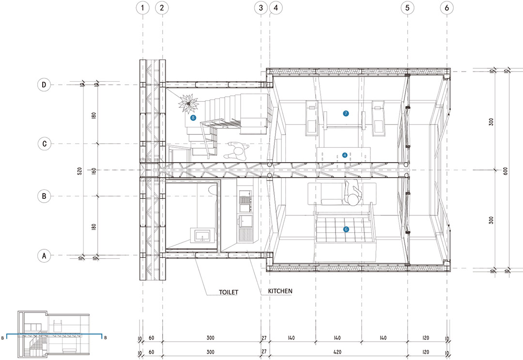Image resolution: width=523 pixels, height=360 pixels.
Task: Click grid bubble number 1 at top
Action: click(143, 8)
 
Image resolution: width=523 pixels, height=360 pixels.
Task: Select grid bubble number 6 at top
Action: click(447, 8)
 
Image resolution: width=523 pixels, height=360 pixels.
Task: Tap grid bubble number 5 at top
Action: click(407, 8)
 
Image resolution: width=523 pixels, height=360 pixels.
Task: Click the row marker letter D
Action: click(44, 85)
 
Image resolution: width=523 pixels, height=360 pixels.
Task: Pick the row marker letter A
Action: click(44, 255)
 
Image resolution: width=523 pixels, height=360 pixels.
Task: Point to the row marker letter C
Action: click(44, 144)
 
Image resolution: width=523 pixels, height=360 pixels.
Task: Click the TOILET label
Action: click(229, 292)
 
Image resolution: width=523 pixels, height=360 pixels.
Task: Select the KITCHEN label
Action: click(280, 291)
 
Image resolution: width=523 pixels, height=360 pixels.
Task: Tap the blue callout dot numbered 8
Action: click(193, 118)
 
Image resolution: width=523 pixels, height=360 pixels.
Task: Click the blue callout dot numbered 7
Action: click(346, 113)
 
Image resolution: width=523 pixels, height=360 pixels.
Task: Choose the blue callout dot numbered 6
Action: click(346, 229)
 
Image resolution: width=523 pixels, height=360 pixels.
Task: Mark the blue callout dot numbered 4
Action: click(345, 155)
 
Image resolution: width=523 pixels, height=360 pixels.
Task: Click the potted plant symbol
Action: click(188, 104)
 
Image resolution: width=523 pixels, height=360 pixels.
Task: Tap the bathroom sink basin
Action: click(202, 235)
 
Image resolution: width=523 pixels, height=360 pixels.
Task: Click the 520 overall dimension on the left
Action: click(80, 171)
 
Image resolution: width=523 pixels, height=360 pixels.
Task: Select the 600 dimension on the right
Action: click(505, 171)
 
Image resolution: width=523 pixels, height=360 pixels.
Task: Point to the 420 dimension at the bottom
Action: click(337, 352)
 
